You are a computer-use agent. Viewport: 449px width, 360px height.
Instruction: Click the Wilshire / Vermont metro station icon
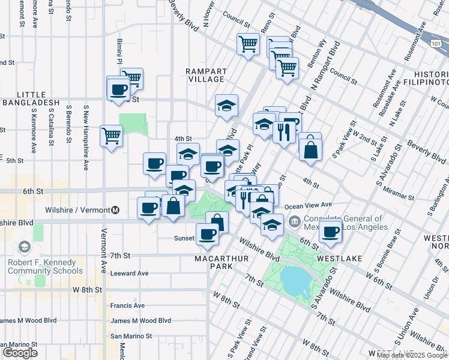[x=116, y=210]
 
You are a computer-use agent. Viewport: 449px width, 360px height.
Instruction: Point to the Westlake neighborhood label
[x=339, y=258]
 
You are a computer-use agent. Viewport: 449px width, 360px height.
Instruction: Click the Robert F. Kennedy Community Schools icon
[x=25, y=247]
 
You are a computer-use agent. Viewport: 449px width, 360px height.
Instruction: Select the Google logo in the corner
[x=20, y=353]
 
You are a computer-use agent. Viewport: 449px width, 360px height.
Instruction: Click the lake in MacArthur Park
[x=292, y=278]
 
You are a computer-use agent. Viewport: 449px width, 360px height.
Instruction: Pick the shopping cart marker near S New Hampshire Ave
[x=112, y=136]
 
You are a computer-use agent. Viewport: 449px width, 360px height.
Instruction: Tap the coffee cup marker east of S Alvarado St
[x=330, y=230]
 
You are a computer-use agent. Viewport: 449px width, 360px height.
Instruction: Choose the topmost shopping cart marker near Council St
[x=248, y=44]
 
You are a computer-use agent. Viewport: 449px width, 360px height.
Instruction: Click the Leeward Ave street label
[x=129, y=273]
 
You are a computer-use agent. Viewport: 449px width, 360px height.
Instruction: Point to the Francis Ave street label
[x=127, y=305]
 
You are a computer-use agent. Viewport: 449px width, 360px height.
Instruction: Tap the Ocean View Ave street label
[x=309, y=205]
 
